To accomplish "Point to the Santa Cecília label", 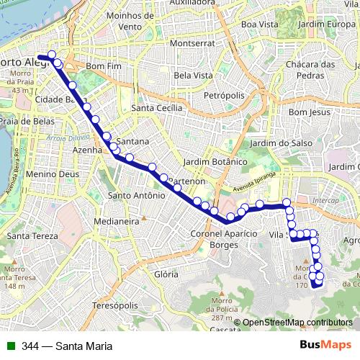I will [156, 108].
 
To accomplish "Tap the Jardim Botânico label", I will [216, 162].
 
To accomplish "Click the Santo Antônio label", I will [131, 195].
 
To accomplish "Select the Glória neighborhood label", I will [166, 274].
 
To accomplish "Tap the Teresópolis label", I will [114, 305].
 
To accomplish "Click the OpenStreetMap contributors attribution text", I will [297, 323].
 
